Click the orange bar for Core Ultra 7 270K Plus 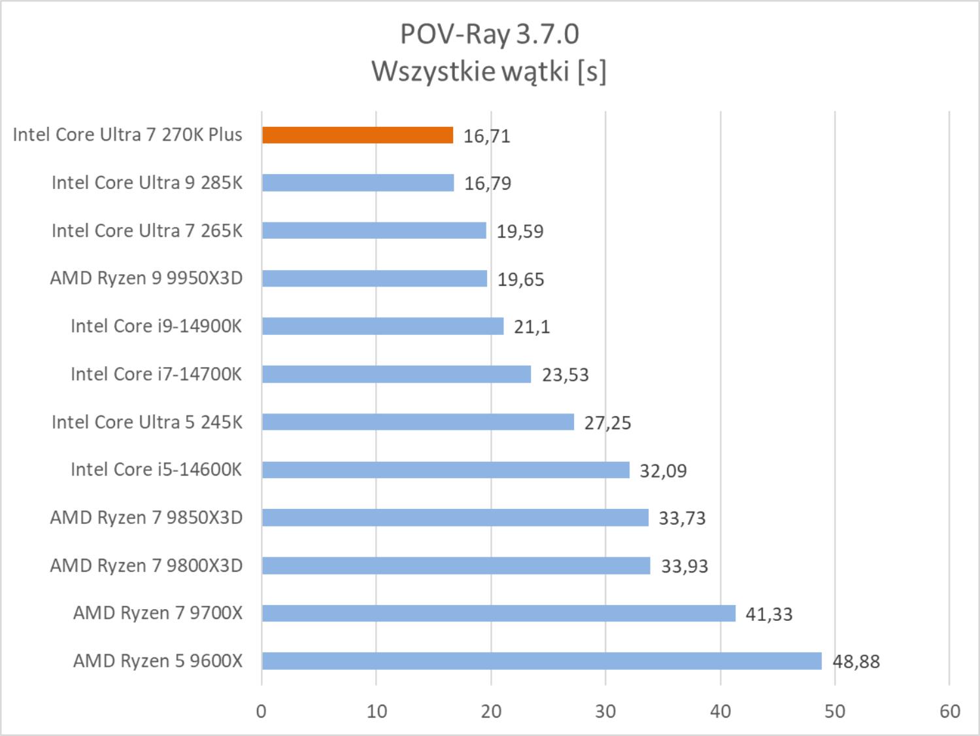pos(358,135)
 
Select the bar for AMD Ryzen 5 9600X pos(541,661)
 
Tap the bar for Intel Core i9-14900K pos(382,326)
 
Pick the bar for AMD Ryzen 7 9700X pos(498,613)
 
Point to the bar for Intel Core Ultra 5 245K pos(418,422)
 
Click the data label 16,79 pos(488,183)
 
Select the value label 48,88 pos(856,661)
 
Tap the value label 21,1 pos(532,326)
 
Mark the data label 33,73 pos(682,518)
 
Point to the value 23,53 pos(565,375)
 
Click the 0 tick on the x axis pos(262,711)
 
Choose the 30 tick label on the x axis pos(605,711)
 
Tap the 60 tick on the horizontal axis pos(949,711)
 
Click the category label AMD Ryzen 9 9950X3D pos(146,278)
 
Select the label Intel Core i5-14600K pos(156,470)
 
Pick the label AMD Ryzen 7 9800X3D pos(146,565)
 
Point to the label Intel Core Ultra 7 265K pos(147,230)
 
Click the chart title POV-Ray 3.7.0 pos(489,34)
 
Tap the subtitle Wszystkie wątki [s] pos(489,71)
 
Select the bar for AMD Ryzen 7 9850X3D pos(455,517)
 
